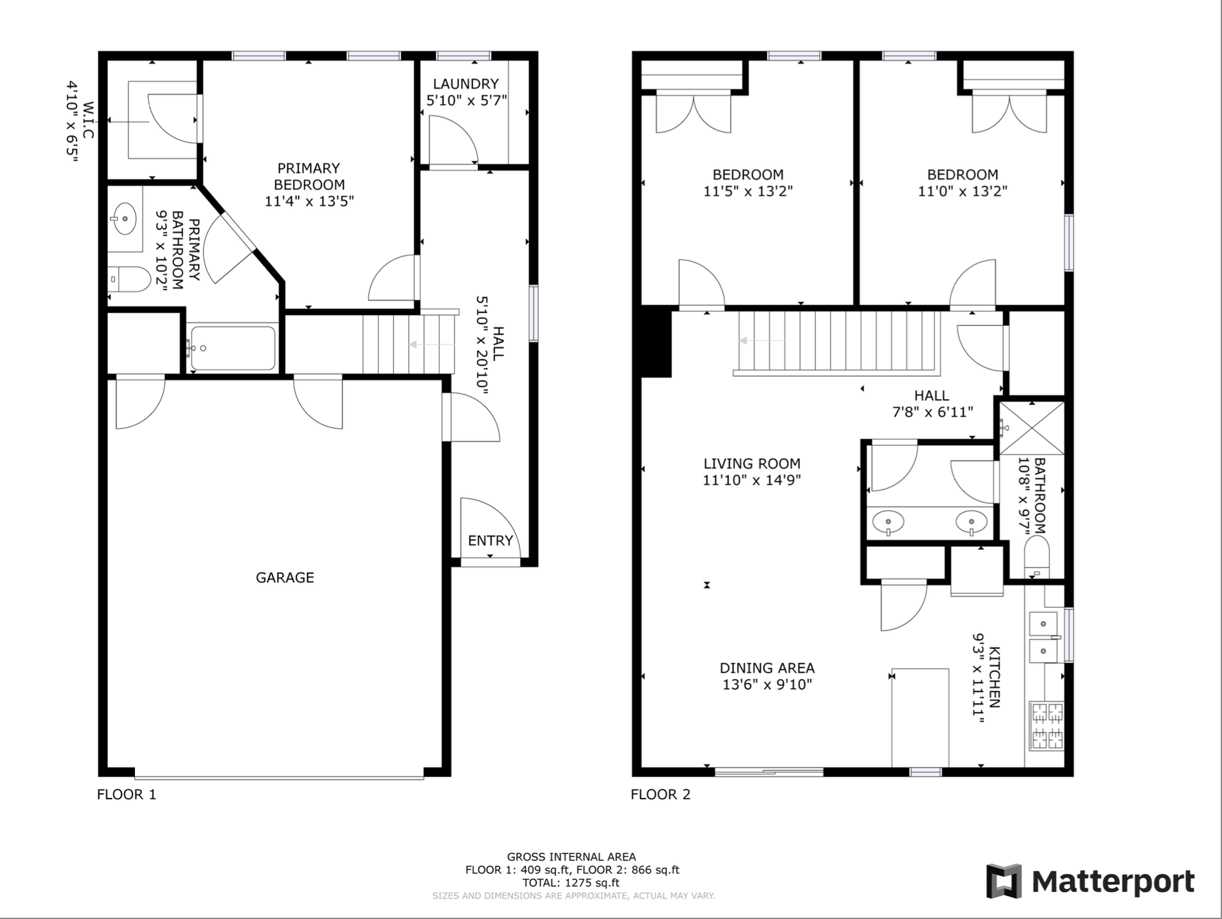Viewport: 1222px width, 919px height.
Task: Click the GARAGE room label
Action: [x=284, y=577]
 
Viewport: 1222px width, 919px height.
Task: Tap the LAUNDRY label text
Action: [x=465, y=84]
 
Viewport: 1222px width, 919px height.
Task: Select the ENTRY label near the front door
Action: [x=490, y=540]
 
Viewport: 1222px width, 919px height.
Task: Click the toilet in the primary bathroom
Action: [x=130, y=279]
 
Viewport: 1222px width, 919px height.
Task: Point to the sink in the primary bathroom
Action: [x=124, y=219]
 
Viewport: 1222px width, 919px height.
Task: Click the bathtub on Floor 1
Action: [x=234, y=348]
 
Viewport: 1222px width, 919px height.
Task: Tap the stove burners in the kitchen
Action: [x=1047, y=725]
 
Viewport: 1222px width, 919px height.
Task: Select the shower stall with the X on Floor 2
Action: [x=1032, y=428]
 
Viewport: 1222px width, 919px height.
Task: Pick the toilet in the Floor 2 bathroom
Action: [x=1037, y=555]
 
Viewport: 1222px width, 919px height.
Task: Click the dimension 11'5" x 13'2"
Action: [x=748, y=191]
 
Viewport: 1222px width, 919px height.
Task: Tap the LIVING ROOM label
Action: [x=752, y=464]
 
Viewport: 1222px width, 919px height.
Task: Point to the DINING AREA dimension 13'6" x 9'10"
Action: [x=767, y=685]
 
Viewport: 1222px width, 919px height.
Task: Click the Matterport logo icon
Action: [x=1004, y=881]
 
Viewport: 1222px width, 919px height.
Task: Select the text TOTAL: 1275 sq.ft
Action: [x=571, y=883]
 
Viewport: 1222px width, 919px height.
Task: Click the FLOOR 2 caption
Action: [x=660, y=794]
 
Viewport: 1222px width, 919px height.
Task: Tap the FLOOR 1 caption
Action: [x=126, y=794]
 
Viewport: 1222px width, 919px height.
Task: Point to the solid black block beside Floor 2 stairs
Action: [x=656, y=342]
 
